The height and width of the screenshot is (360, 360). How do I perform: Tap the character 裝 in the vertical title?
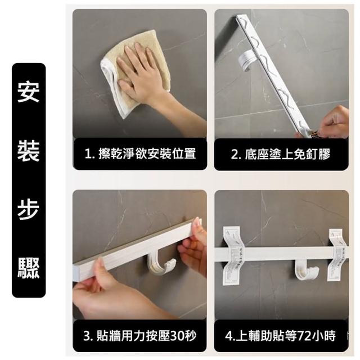(x=29, y=151)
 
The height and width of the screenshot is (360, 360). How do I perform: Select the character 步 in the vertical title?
(x=29, y=209)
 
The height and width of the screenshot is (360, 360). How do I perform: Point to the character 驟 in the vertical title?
(x=29, y=268)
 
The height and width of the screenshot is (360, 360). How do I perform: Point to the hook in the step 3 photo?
(x=161, y=264)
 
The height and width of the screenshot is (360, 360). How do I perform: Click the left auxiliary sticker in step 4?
(x=231, y=255)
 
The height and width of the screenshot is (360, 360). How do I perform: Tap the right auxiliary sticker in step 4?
(x=338, y=255)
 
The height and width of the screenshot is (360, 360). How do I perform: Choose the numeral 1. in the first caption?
(x=90, y=154)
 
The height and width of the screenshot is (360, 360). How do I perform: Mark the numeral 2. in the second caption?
(x=236, y=154)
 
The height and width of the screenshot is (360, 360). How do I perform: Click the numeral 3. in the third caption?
(x=89, y=336)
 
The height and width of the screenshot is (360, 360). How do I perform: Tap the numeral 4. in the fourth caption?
(x=230, y=336)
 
